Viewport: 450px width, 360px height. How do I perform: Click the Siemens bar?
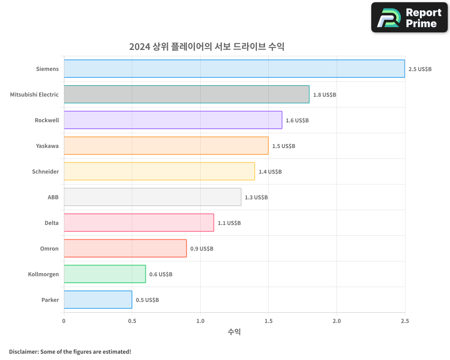point(234,69)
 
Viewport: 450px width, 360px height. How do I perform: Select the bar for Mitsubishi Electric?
point(186,94)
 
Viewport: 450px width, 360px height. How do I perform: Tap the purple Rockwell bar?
point(173,120)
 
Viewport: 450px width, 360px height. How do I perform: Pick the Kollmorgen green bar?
point(104,274)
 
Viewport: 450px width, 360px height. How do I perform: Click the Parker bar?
point(98,300)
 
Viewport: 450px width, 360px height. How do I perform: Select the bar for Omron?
point(125,248)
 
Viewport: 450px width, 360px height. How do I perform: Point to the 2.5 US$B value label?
point(420,69)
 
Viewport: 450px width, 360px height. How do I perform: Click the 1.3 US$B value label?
point(256,198)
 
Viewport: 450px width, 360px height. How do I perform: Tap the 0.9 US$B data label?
point(202,249)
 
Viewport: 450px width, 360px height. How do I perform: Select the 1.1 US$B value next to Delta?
point(229,223)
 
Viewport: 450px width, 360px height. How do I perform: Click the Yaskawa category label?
point(47,146)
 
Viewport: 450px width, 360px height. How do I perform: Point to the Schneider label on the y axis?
point(45,171)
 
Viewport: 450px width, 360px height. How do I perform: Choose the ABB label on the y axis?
point(53,197)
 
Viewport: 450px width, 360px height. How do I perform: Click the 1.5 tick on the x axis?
point(268,321)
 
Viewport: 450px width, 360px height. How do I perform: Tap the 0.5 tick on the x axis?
point(132,321)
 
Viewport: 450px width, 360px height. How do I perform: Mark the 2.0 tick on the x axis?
point(337,321)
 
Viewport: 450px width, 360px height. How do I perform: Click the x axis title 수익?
point(234,332)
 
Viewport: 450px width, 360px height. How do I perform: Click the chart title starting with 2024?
point(207,47)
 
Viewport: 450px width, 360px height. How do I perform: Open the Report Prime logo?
point(409,18)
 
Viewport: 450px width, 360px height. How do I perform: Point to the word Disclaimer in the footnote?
point(23,351)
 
